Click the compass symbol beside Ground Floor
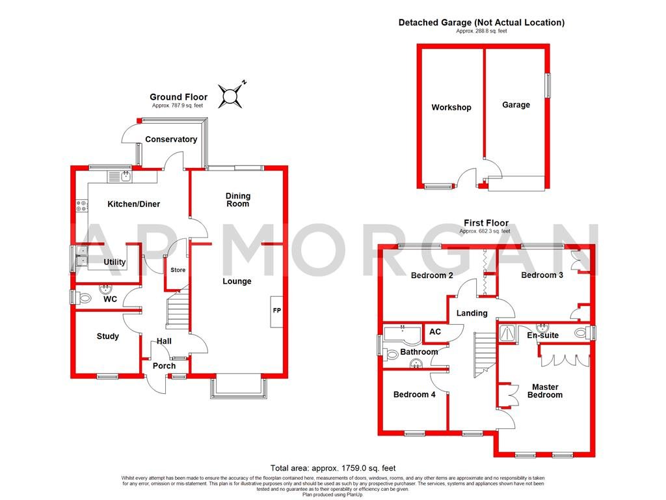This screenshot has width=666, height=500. point(230,96)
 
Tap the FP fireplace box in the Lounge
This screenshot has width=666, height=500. point(276,312)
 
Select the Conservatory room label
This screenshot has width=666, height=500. point(171,139)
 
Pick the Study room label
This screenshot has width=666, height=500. point(108,337)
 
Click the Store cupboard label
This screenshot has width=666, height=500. point(178,270)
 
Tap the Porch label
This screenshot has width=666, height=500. point(164,366)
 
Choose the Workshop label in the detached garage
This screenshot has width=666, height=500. point(451,107)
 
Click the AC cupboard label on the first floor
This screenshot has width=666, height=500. point(435,332)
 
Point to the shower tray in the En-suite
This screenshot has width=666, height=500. point(507,333)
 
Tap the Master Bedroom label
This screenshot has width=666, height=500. point(544,391)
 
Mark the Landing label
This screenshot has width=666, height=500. point(472,313)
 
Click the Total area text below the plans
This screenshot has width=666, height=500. point(333,468)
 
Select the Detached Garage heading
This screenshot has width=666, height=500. point(481,22)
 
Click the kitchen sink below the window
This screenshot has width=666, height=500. point(120,176)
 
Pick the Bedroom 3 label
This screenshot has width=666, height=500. point(542,275)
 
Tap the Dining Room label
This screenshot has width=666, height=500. point(238,200)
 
